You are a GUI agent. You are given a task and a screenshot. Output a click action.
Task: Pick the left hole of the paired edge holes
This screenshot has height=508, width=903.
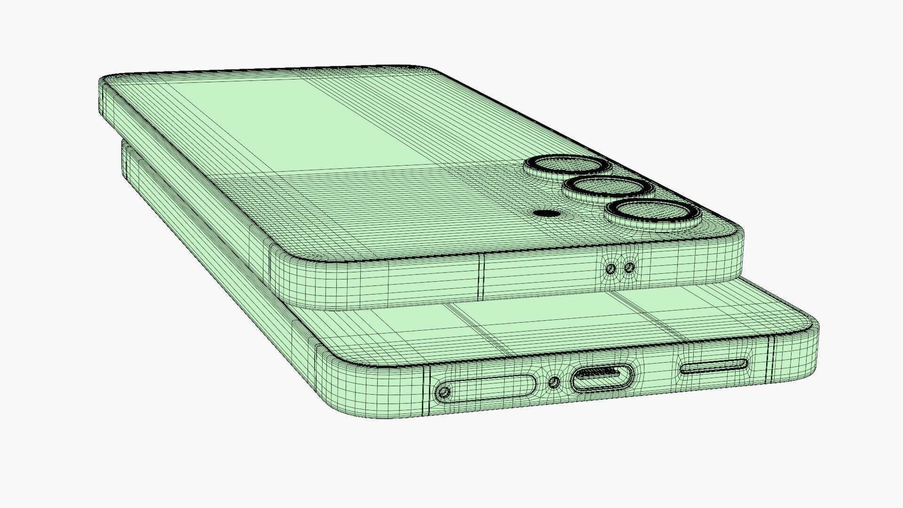(x=611, y=269)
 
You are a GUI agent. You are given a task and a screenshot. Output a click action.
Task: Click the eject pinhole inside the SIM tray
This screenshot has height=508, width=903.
(x=444, y=391)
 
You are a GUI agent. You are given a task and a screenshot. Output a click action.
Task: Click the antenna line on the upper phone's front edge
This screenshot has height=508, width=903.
(x=480, y=278)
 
